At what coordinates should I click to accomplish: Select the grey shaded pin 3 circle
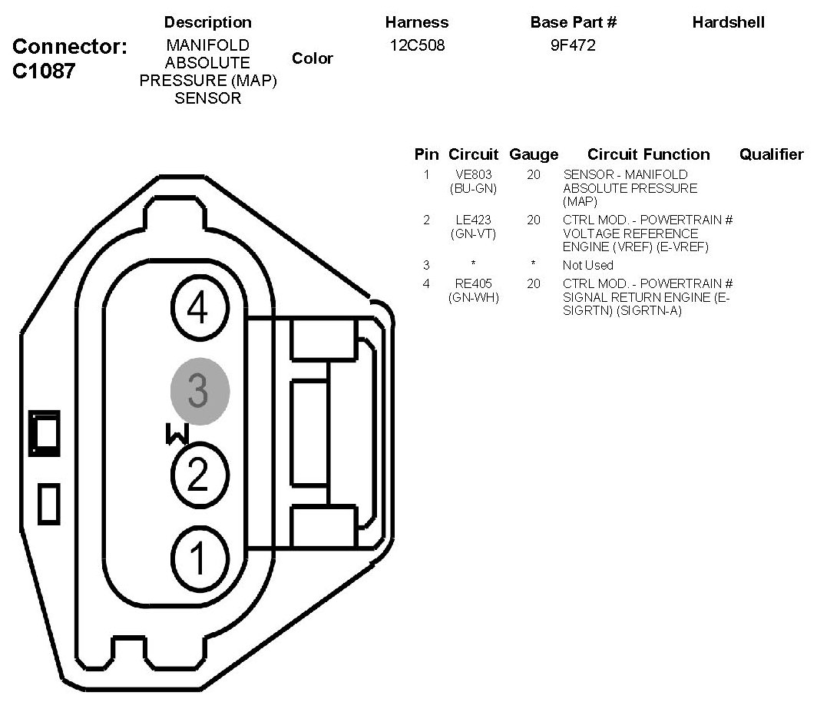200,392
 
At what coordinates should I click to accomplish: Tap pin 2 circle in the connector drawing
197,475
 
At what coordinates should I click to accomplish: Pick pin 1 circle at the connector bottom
197,557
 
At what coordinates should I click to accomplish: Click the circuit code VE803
473,175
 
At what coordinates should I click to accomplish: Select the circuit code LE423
473,220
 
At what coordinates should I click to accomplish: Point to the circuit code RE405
473,284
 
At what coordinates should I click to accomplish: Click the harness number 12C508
416,46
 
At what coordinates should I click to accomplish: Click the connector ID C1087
45,71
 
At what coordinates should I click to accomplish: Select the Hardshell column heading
728,23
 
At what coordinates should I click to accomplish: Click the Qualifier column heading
771,154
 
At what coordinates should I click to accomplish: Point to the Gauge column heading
534,154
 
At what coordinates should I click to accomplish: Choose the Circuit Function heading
648,154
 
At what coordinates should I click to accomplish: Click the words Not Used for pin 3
587,265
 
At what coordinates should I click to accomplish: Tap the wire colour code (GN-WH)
473,297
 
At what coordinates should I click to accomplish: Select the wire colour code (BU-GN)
473,188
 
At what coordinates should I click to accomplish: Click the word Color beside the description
313,59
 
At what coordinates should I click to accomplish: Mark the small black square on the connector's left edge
44,432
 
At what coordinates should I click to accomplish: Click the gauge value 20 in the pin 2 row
534,220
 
